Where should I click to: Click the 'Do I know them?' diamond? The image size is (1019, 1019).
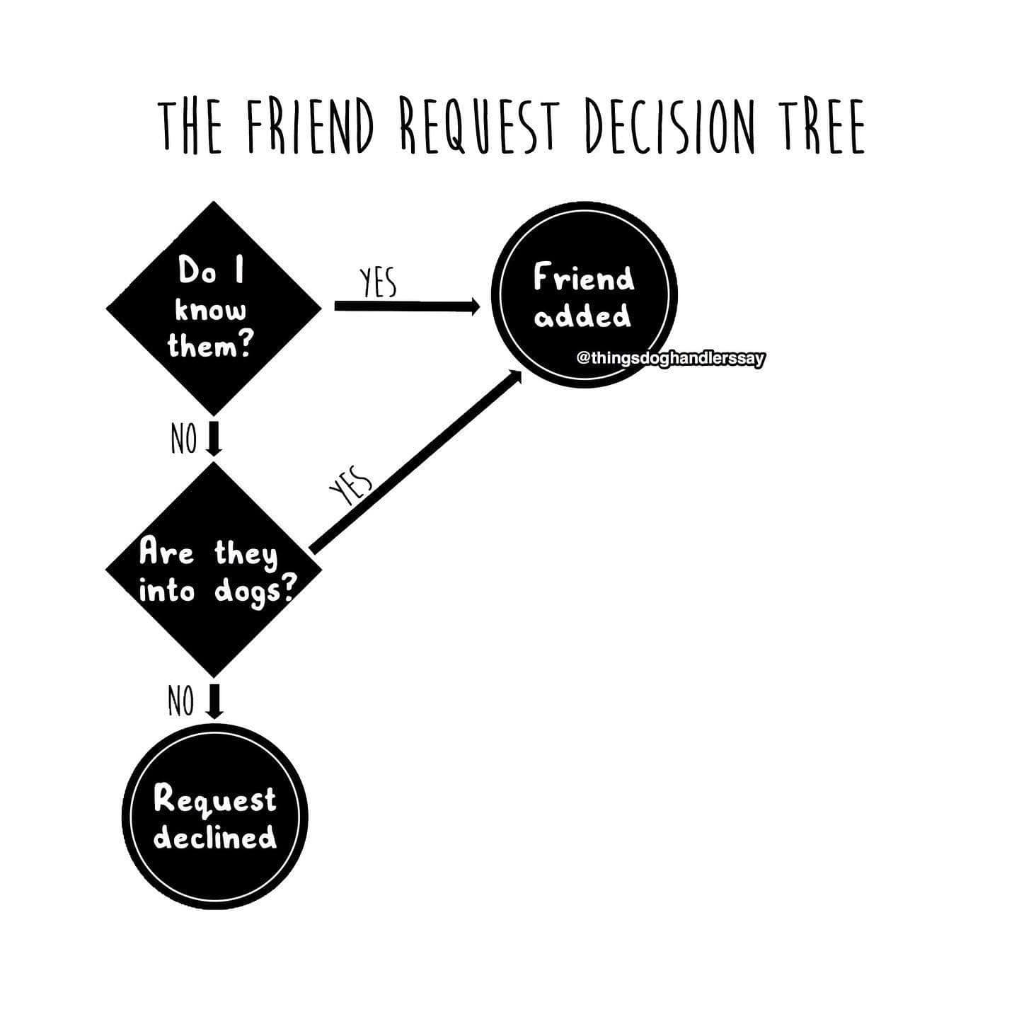[x=213, y=309]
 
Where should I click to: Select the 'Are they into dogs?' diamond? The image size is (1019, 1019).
[x=213, y=570]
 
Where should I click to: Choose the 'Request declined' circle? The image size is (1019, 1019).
[x=215, y=818]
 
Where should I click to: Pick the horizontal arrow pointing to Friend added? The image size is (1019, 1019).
[x=406, y=306]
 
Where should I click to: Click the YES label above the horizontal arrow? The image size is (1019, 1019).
[x=377, y=284]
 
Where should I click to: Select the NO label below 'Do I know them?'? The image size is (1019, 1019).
[x=183, y=439]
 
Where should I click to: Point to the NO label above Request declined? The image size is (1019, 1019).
[x=182, y=701]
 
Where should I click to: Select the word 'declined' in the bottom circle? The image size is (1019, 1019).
[x=215, y=837]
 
